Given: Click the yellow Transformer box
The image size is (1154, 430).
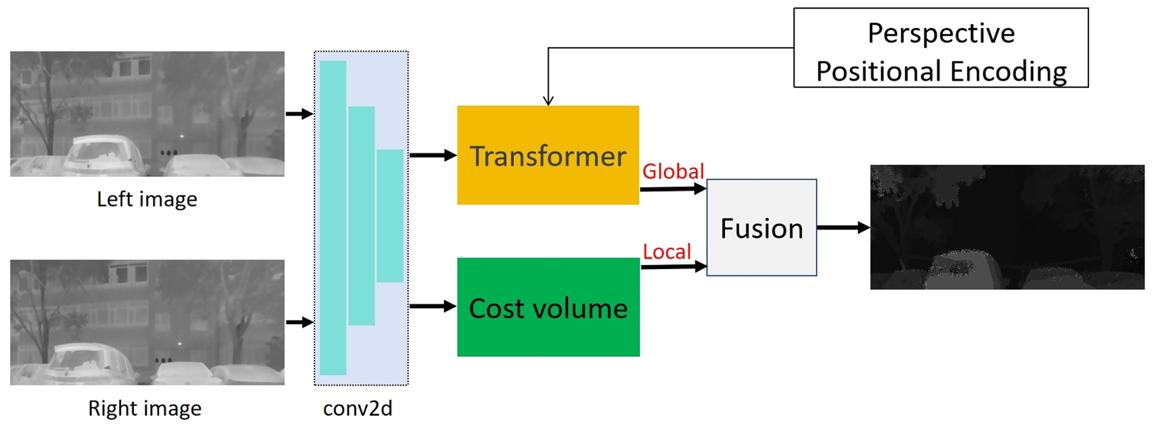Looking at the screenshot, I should point(547,155).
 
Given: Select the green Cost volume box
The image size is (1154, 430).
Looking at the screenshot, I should point(548,307).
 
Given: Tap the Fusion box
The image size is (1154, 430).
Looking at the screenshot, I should point(761,228).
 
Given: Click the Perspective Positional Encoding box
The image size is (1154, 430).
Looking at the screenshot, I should point(940,47).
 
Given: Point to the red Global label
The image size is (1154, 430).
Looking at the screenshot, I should point(673,171).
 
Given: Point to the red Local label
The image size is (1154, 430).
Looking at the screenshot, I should point(667,252).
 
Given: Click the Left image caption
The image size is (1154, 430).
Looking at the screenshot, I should point(147,199).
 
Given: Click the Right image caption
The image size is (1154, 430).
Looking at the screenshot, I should point(145,408).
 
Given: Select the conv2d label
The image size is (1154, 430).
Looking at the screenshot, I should point(357,408).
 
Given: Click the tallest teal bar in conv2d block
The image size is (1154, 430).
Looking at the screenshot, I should point(333,218).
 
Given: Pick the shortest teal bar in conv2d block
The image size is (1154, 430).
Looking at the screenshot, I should point(390,216).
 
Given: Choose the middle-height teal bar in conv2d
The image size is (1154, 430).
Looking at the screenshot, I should point(361,216).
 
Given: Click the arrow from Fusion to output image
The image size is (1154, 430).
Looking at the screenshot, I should point(842,227).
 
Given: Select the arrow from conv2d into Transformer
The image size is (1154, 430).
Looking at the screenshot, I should point(432,155).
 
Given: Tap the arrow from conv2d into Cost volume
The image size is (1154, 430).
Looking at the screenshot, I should point(432,307).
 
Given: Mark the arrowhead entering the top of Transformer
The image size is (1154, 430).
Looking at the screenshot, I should point(548,101).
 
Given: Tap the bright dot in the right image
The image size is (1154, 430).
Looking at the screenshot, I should point(180,344).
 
